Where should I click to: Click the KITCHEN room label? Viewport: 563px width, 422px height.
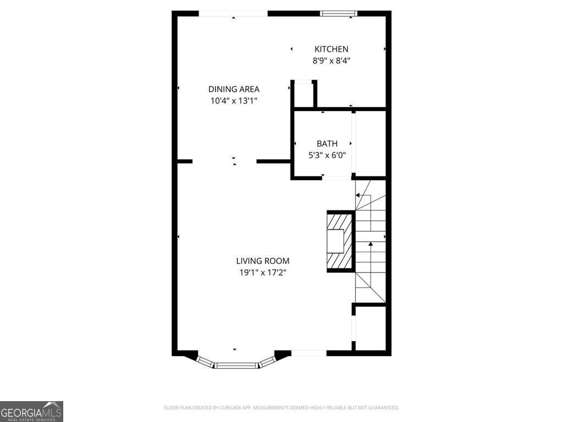pyautogui.click(x=331, y=49)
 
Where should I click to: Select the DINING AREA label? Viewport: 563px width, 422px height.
pyautogui.click(x=234, y=89)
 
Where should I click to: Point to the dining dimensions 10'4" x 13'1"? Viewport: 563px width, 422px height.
pyautogui.click(x=234, y=101)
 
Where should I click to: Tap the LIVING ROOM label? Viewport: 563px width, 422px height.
pyautogui.click(x=263, y=261)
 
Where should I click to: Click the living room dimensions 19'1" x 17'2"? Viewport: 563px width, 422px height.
pyautogui.click(x=263, y=273)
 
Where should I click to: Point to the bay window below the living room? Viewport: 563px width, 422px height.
pyautogui.click(x=236, y=364)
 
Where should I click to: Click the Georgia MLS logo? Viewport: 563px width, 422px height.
pyautogui.click(x=31, y=411)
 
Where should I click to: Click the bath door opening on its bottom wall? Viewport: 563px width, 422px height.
pyautogui.click(x=336, y=177)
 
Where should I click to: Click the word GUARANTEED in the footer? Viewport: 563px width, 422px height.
pyautogui.click(x=381, y=408)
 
